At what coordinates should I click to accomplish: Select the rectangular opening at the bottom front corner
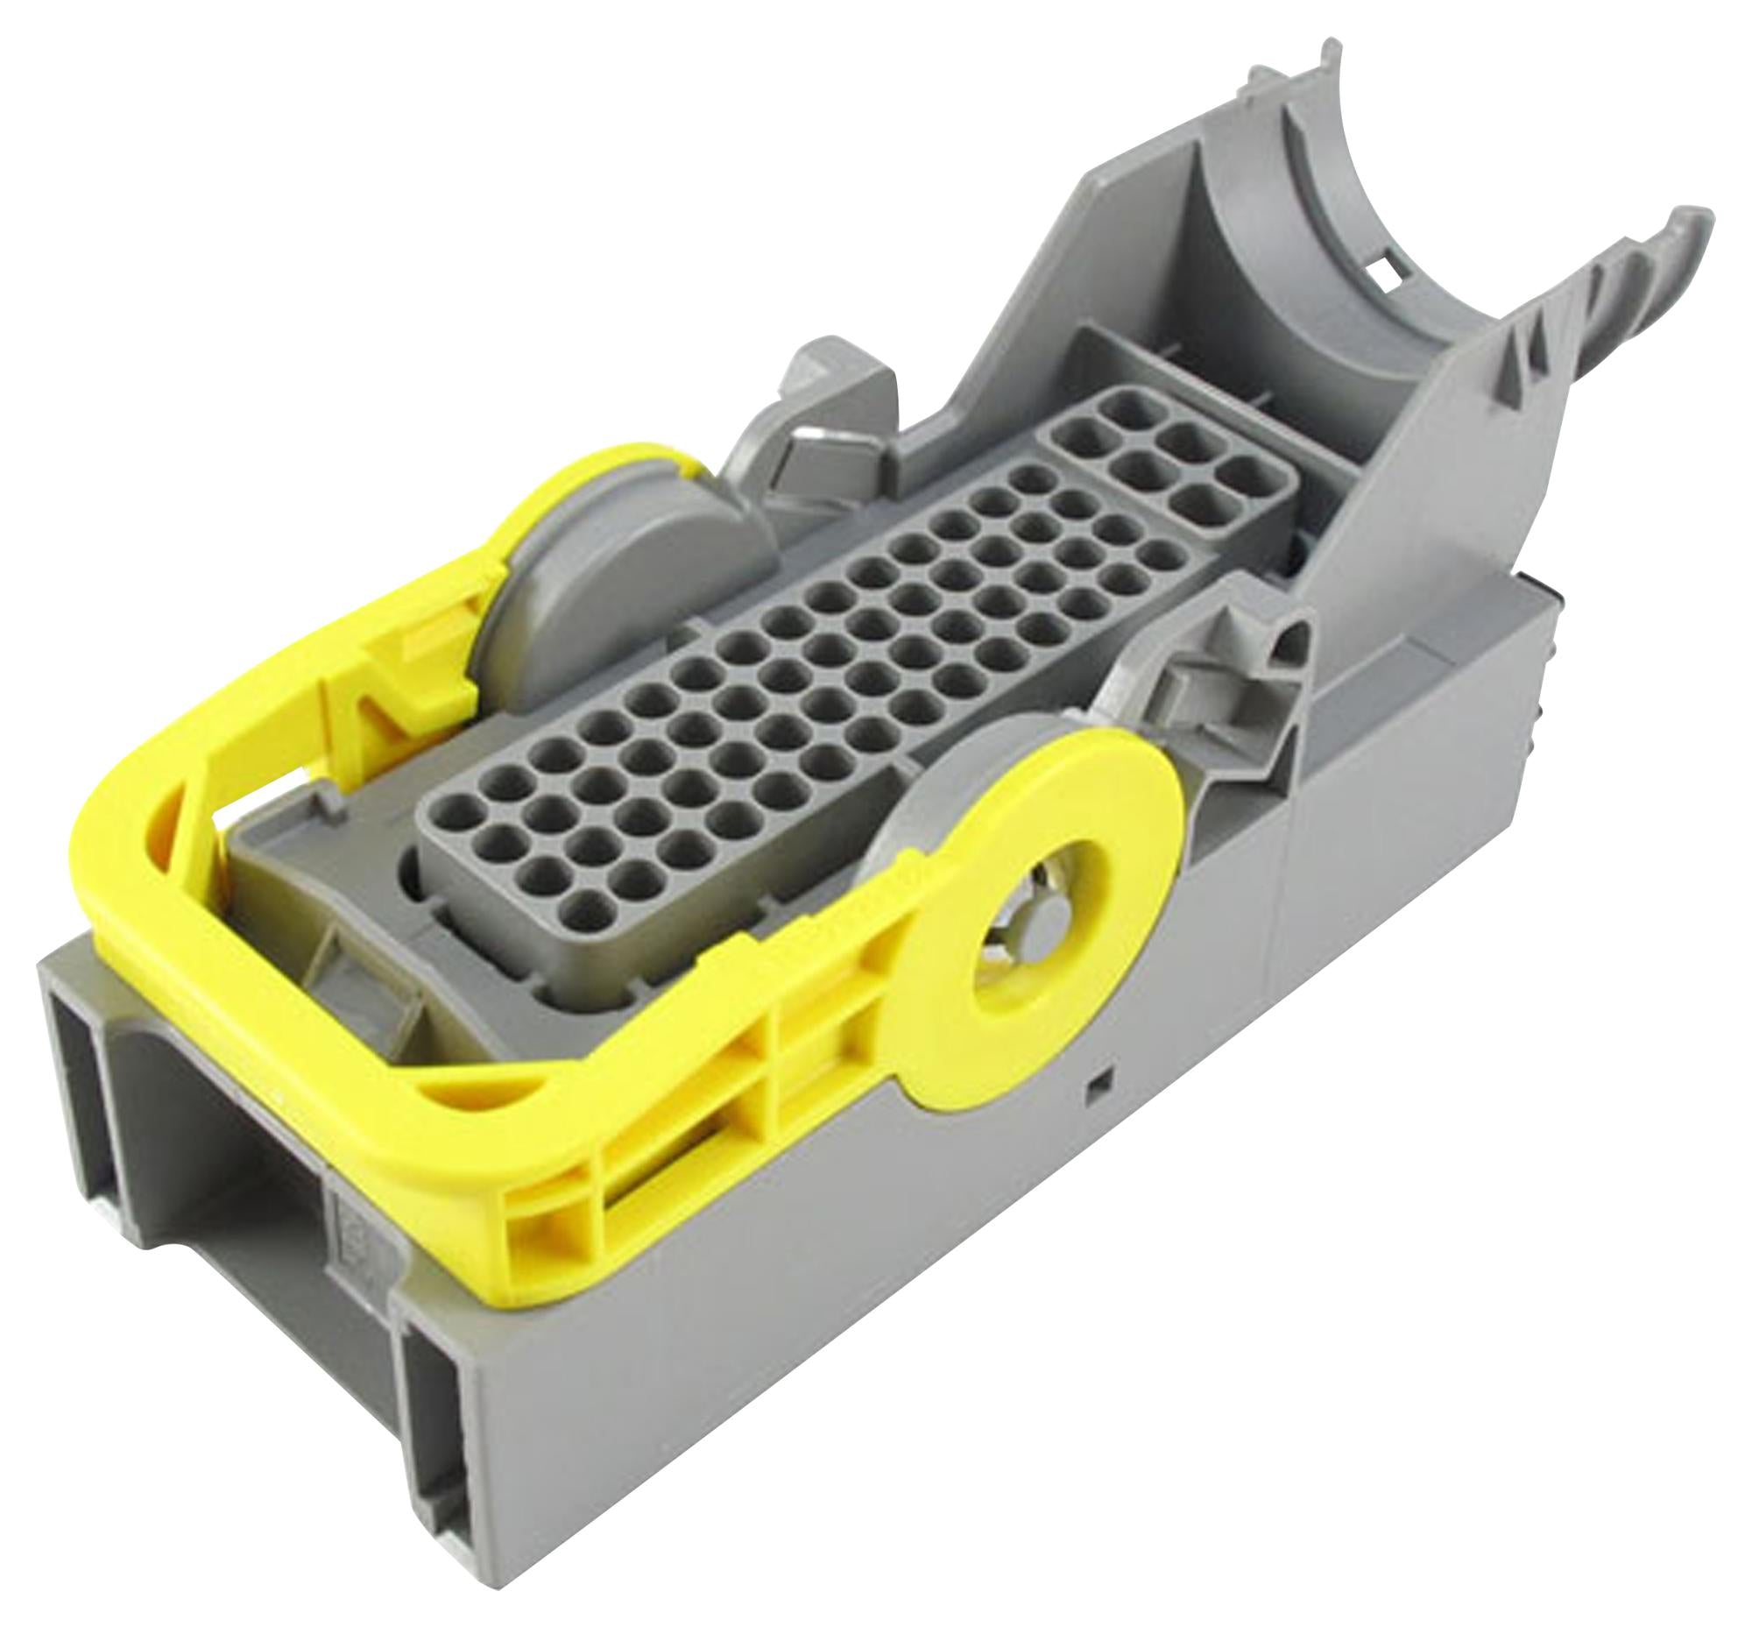(x=441, y=1488)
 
